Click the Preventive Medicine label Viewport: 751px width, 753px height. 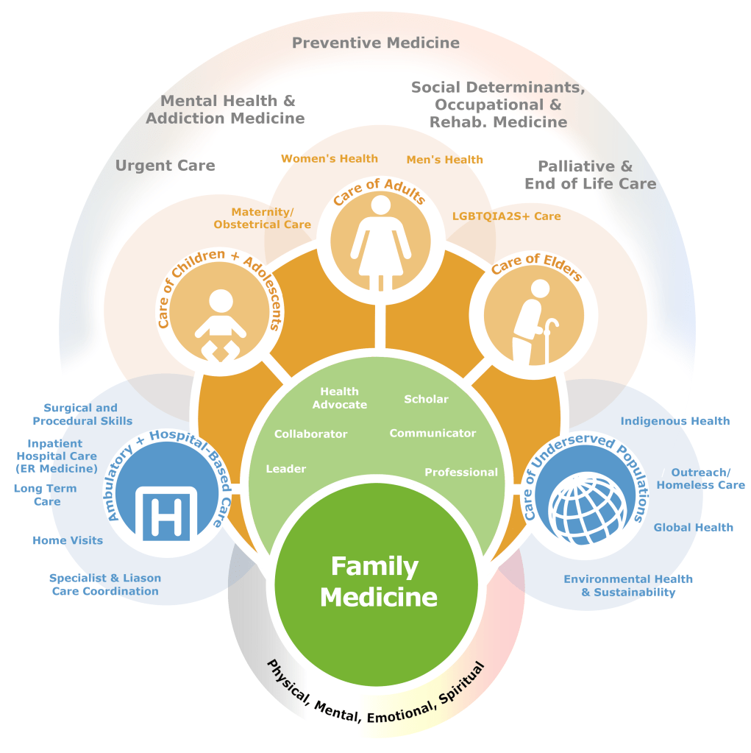coord(376,43)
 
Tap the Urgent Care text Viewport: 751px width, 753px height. coord(165,166)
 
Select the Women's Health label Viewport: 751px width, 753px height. coord(330,158)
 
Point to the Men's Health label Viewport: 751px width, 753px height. coord(445,159)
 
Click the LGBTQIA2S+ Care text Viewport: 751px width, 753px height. coord(507,216)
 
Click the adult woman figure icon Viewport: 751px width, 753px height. coord(380,240)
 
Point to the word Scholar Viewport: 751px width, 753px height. coord(426,399)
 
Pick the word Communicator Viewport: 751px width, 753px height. coord(433,434)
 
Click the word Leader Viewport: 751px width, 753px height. coord(286,469)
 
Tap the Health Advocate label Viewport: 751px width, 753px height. coord(340,398)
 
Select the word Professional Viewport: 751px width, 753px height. coord(461,472)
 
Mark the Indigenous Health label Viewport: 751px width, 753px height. coord(675,421)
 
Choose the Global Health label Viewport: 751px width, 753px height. coord(694,527)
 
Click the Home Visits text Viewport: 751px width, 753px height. coord(68,540)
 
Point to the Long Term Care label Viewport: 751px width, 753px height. coord(46,495)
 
